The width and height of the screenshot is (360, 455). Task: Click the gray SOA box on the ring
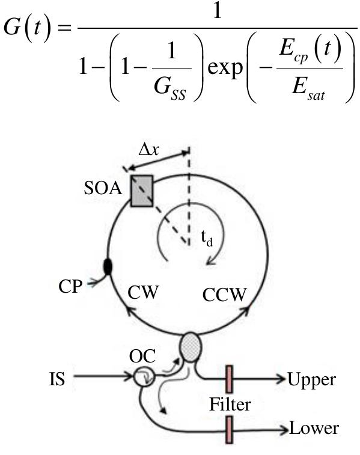(x=142, y=191)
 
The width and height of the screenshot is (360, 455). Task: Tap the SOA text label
(x=103, y=190)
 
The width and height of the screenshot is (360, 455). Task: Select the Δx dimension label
(x=149, y=150)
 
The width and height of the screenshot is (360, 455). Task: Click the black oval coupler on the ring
(x=108, y=266)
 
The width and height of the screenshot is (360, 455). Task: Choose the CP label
(x=70, y=286)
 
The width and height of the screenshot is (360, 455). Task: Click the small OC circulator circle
(x=143, y=378)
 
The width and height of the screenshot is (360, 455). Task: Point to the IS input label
(x=58, y=379)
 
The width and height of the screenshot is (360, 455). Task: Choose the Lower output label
(x=314, y=429)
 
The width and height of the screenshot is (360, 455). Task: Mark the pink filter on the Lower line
(x=230, y=429)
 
